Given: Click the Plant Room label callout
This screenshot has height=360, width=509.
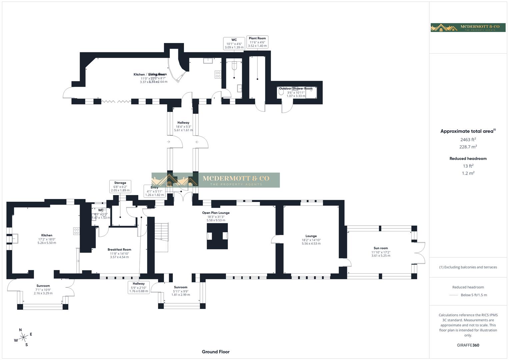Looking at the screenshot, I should click(257, 42).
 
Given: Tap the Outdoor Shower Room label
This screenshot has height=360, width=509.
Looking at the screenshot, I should click(296, 89).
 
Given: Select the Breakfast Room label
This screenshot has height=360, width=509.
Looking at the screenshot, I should click(119, 249).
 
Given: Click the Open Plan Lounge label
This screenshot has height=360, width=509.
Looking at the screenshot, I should click(216, 213).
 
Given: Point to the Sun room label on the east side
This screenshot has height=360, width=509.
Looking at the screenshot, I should click(381, 248).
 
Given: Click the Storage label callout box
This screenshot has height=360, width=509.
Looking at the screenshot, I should click(120, 186).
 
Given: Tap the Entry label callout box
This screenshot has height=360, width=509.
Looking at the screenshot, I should click(154, 191).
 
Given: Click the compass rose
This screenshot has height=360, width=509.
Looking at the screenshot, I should click(23, 337).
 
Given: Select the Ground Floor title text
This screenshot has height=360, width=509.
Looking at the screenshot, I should click(216, 352).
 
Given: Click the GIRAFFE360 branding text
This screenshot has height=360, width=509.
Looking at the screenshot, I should click(468, 345).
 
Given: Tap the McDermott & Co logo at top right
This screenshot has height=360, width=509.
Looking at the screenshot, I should click(468, 27).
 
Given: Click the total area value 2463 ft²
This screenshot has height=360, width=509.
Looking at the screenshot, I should click(468, 140).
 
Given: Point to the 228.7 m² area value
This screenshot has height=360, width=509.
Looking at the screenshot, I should click(468, 147).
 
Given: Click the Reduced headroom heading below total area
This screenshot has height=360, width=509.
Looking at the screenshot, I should click(468, 159).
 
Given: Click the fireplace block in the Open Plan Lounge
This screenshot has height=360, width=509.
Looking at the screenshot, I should click(217, 236).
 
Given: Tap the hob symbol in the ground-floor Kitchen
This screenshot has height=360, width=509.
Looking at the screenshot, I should click(76, 231).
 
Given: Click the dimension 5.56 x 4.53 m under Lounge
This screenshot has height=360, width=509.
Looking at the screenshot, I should click(311, 244).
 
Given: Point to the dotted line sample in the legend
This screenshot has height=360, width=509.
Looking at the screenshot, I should click(454, 295).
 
